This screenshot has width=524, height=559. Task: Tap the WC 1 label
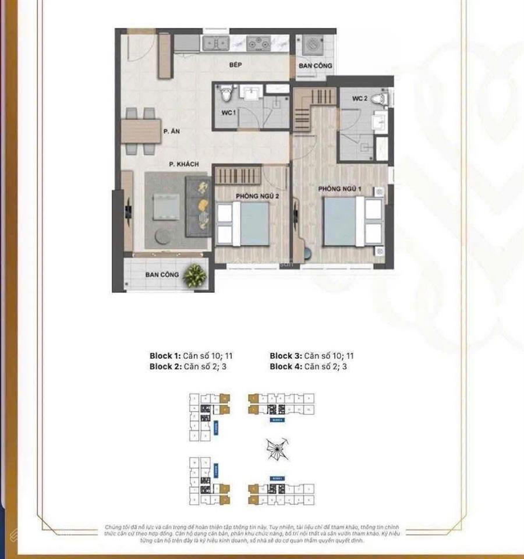[228, 112]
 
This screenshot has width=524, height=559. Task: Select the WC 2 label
[359, 100]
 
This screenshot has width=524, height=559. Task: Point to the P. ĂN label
[171, 132]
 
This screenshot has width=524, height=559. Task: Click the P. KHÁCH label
[184, 164]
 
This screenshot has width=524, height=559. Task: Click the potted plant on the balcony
[194, 275]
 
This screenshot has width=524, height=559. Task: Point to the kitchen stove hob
[257, 42]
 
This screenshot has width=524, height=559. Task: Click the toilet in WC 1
[227, 93]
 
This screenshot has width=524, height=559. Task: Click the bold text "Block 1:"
[165, 355]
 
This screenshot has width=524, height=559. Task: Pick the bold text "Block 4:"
[285, 366]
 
